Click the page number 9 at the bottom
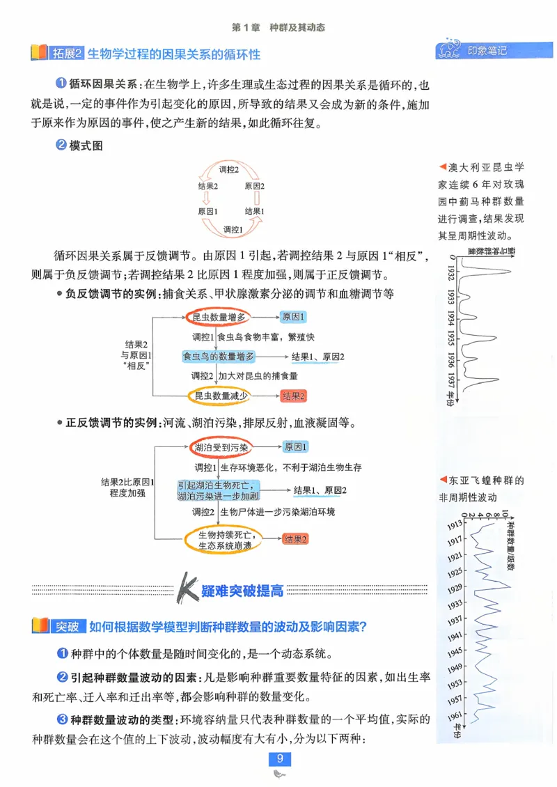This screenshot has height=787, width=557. (278, 758)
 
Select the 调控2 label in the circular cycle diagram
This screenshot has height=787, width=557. (229, 169)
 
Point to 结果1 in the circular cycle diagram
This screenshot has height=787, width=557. (254, 211)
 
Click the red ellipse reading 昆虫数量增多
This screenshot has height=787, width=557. (219, 318)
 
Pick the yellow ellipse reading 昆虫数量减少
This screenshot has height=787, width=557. (219, 396)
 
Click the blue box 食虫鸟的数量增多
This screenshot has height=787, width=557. (219, 357)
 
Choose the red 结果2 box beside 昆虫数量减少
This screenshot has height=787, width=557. (294, 396)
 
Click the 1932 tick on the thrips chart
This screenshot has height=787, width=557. (451, 271)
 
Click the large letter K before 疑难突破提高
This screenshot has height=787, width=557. (186, 589)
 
